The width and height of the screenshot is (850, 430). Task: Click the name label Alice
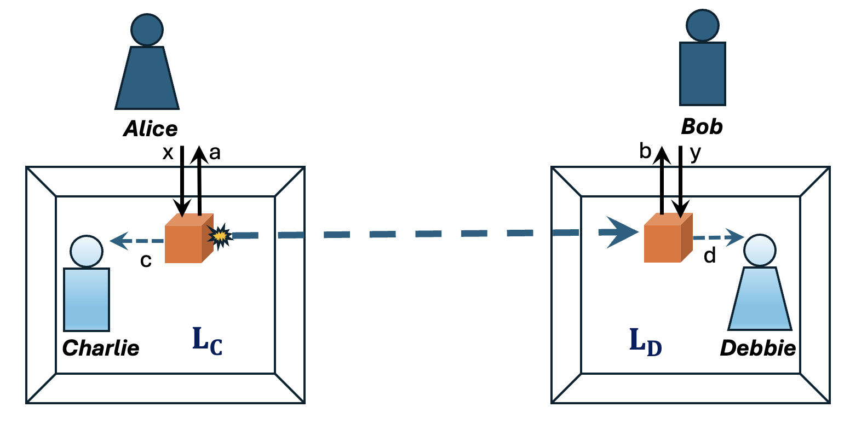(x=150, y=129)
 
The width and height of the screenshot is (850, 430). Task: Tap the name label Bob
(x=702, y=127)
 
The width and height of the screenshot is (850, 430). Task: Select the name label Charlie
(x=101, y=348)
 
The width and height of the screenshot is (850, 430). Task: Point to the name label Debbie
(x=757, y=348)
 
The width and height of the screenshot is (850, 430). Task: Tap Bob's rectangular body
(x=702, y=74)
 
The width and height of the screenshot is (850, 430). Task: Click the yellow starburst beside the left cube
(x=220, y=236)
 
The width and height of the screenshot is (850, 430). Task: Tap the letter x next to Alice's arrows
(x=168, y=153)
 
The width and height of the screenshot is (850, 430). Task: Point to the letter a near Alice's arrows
(x=215, y=153)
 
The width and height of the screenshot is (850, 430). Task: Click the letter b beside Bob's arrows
(x=645, y=151)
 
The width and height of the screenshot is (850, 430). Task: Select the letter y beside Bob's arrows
(x=695, y=154)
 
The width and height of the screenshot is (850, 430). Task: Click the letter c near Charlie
(x=146, y=261)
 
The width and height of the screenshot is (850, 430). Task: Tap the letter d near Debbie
(x=710, y=255)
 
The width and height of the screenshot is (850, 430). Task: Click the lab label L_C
(x=207, y=340)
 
